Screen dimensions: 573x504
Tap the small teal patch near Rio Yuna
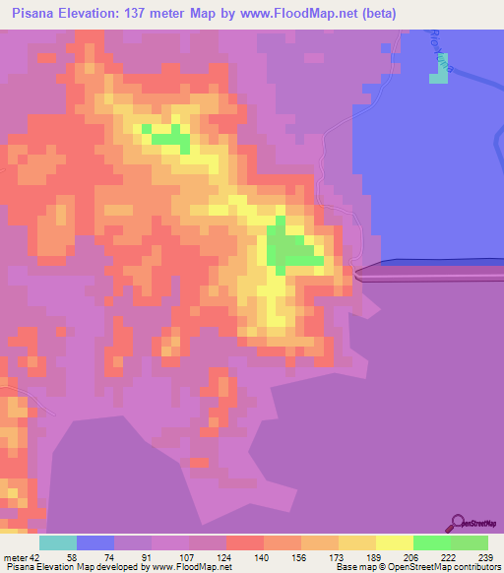[437, 69]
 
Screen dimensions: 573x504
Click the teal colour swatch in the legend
[58, 542]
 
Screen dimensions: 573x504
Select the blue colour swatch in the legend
[95, 542]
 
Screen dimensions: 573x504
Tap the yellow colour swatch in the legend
[395, 542]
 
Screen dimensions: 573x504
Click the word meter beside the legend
[14, 558]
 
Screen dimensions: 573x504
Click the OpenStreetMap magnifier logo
[457, 522]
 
